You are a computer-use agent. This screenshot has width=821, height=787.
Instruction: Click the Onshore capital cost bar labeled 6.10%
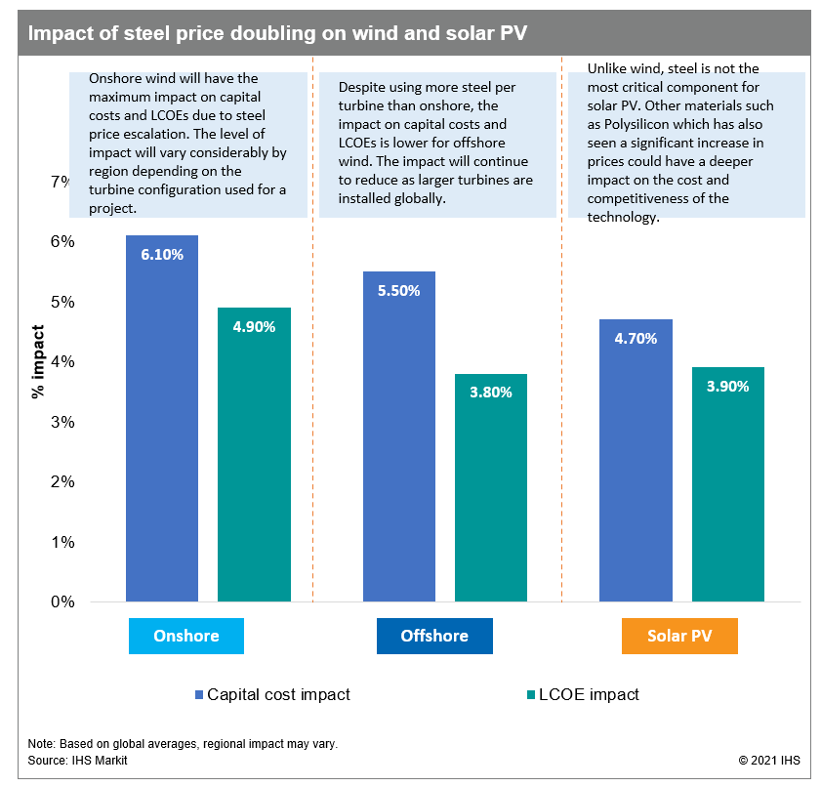pyautogui.click(x=161, y=420)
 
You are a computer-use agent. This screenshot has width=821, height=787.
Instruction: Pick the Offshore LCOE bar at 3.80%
pyautogui.click(x=490, y=488)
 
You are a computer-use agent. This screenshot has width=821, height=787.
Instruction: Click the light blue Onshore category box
pyautogui.click(x=186, y=636)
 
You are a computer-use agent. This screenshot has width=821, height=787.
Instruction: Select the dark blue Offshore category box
pyautogui.click(x=434, y=636)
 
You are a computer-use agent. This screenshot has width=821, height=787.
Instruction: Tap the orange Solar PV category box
pyautogui.click(x=679, y=636)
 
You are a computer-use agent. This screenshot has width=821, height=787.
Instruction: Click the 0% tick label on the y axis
pyautogui.click(x=62, y=601)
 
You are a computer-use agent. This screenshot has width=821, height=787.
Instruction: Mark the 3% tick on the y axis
pyautogui.click(x=62, y=422)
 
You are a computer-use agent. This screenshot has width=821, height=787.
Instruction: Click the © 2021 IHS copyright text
pyautogui.click(x=769, y=759)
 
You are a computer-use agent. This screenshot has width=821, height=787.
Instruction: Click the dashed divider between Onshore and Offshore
pyautogui.click(x=312, y=391)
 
